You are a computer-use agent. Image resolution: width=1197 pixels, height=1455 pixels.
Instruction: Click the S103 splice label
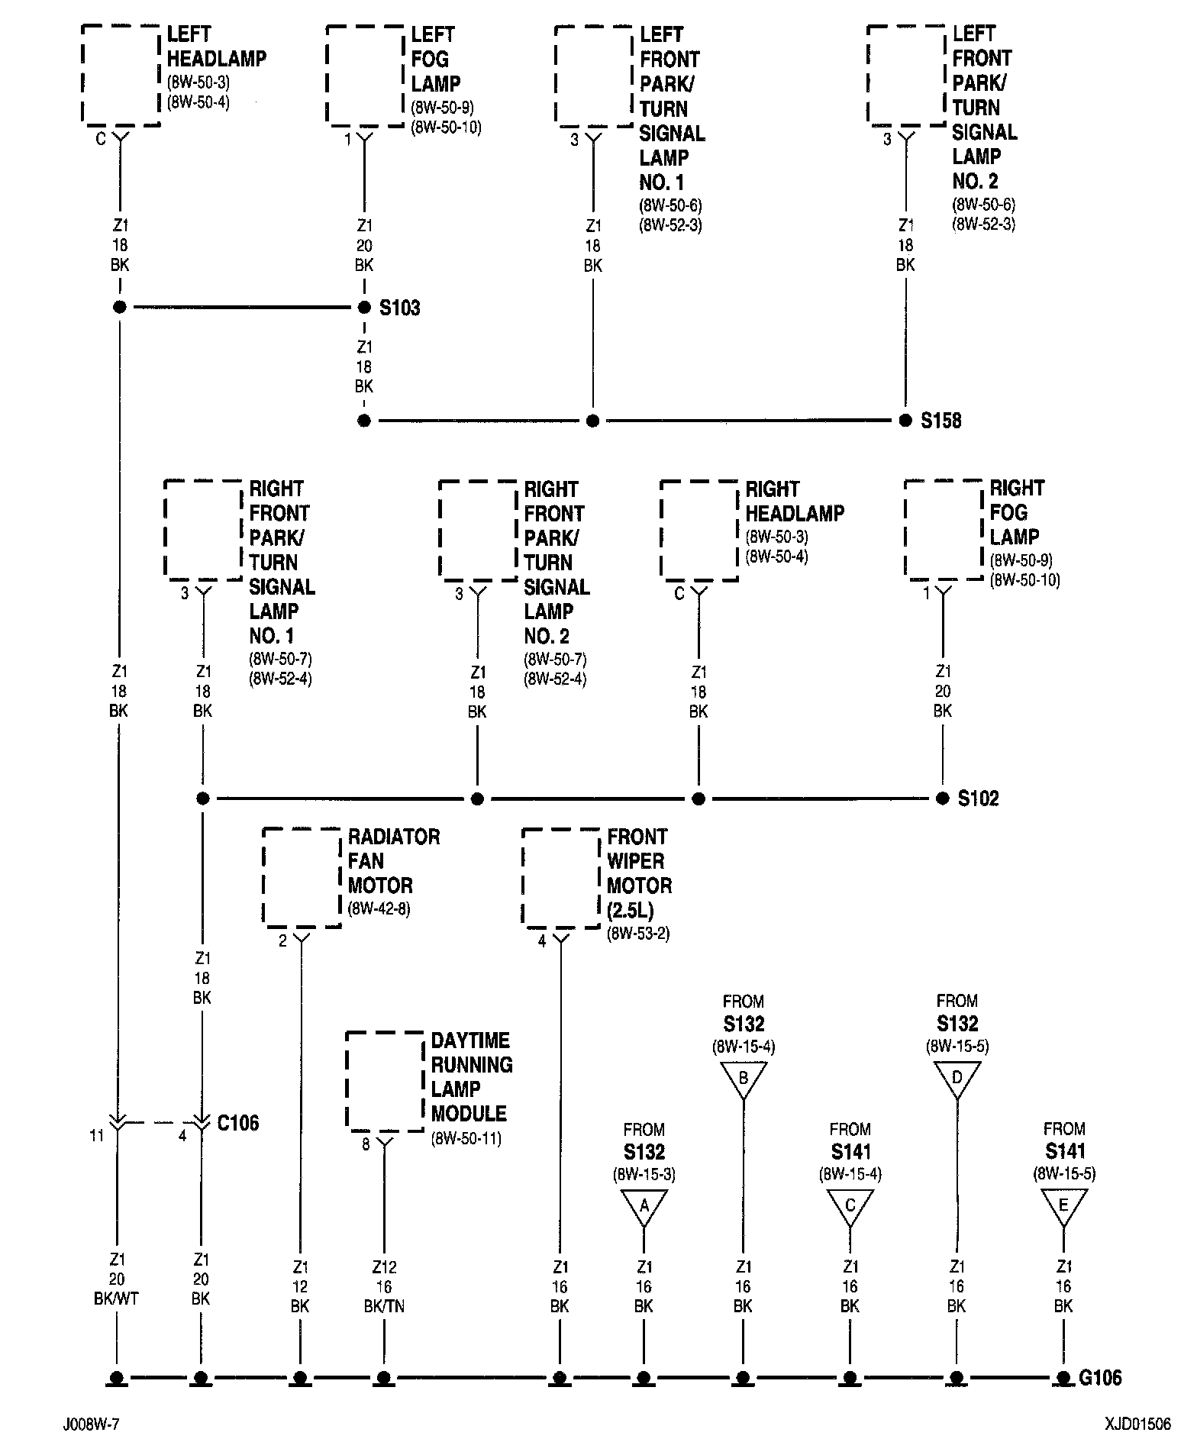pos(399,308)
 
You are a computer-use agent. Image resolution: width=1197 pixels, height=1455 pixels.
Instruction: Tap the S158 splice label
pos(940,421)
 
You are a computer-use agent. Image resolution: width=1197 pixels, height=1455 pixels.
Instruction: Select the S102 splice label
pos(978,799)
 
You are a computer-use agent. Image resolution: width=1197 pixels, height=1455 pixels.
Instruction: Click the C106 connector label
pos(237,1123)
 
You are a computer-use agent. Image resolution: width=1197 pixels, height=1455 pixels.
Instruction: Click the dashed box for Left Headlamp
pos(121,75)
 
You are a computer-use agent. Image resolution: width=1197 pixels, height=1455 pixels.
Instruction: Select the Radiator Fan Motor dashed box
pos(302,878)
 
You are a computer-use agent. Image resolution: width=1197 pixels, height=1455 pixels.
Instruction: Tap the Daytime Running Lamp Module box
pos(385,1081)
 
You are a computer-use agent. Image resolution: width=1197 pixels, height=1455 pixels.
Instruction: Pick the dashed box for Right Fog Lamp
pos(944,529)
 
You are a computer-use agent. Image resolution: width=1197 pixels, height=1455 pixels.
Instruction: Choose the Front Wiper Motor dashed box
pos(561,879)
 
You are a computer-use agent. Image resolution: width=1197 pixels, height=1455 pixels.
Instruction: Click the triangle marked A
pos(644,1207)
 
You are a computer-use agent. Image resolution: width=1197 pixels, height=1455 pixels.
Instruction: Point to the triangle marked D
pos(957,1079)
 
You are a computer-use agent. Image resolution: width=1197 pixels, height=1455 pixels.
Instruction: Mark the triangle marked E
pos(1063,1207)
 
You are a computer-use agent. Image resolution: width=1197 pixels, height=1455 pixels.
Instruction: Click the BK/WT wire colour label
pos(118,1299)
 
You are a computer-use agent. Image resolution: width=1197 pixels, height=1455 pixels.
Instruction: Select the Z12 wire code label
pos(384,1268)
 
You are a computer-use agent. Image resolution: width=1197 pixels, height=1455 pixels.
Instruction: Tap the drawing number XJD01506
pos(1137,1424)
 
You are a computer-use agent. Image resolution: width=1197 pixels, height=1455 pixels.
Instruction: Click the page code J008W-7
pos(92,1425)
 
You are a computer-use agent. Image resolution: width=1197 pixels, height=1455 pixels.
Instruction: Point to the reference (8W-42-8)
pos(379,909)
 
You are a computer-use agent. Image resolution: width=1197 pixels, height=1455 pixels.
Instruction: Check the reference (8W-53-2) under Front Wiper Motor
pos(638,934)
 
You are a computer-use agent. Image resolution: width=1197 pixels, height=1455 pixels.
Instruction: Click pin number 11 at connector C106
pos(96,1136)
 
